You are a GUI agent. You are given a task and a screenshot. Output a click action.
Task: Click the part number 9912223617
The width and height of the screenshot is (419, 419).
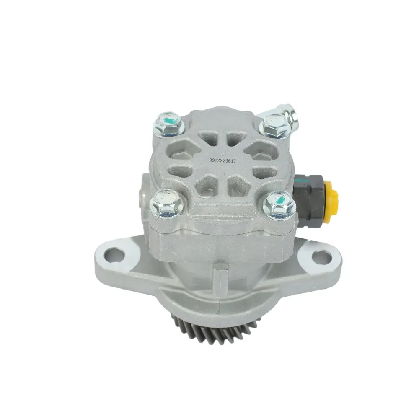pos(222,161)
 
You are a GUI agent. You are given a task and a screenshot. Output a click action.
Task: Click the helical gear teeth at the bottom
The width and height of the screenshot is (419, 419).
pos(214,330)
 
